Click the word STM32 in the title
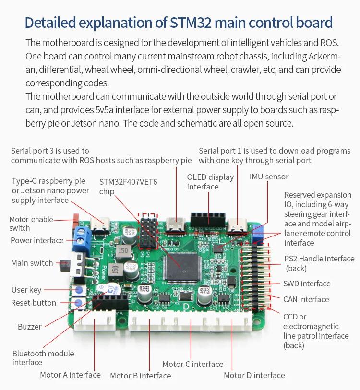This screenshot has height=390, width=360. point(191,23)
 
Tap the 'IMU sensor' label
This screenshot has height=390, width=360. point(269,177)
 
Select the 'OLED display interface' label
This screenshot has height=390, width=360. point(210,182)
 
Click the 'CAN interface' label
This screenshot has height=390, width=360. point(306,299)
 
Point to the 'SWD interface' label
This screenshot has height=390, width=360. point(307,284)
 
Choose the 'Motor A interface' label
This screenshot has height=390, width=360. point(70,375)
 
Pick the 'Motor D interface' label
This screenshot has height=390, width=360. point(254,375)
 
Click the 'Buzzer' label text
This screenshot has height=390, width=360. point(30,327)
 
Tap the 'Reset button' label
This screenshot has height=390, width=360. point(34,303)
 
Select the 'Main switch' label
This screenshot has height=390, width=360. point(32,263)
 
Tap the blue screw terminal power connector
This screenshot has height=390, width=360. point(82,238)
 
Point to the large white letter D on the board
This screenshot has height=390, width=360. point(186,307)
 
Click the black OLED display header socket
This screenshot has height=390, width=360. point(208,219)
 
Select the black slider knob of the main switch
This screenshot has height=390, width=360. point(64,266)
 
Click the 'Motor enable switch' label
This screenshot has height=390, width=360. point(31,224)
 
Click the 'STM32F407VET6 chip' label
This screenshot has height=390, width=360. point(128,187)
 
